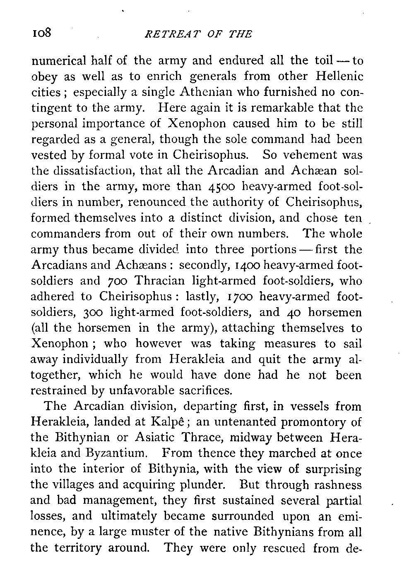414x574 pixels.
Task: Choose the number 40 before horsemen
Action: tap(290, 313)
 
